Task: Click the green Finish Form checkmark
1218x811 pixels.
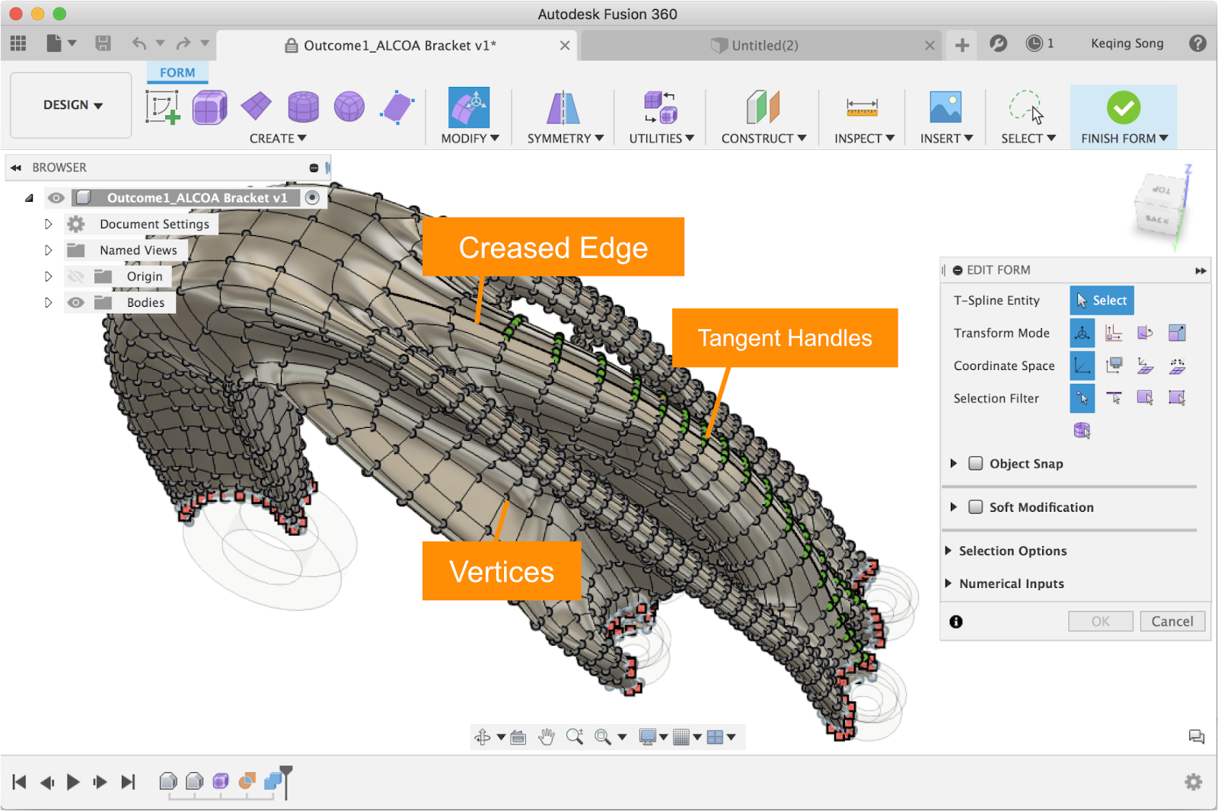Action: point(1124,107)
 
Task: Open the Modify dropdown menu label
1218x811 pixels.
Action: point(470,139)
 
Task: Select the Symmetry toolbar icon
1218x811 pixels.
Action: point(563,107)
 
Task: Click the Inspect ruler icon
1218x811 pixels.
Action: point(862,107)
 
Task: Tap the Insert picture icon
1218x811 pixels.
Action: point(945,107)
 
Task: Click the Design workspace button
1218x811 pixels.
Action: point(72,105)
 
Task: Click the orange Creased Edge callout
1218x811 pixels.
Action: point(553,247)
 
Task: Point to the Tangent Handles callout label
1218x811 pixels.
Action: point(785,338)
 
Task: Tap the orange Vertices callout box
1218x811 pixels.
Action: point(502,571)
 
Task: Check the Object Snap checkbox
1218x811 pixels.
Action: point(975,464)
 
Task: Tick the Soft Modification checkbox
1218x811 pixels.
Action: point(975,507)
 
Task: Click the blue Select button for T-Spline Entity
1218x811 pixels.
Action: point(1102,300)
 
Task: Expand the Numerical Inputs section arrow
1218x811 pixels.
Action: point(949,583)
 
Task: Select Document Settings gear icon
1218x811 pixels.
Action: point(76,224)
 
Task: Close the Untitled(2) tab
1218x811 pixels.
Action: point(929,46)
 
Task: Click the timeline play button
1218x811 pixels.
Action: point(72,782)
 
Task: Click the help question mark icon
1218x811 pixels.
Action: point(1197,43)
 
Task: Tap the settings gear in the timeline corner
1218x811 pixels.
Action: point(1193,782)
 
